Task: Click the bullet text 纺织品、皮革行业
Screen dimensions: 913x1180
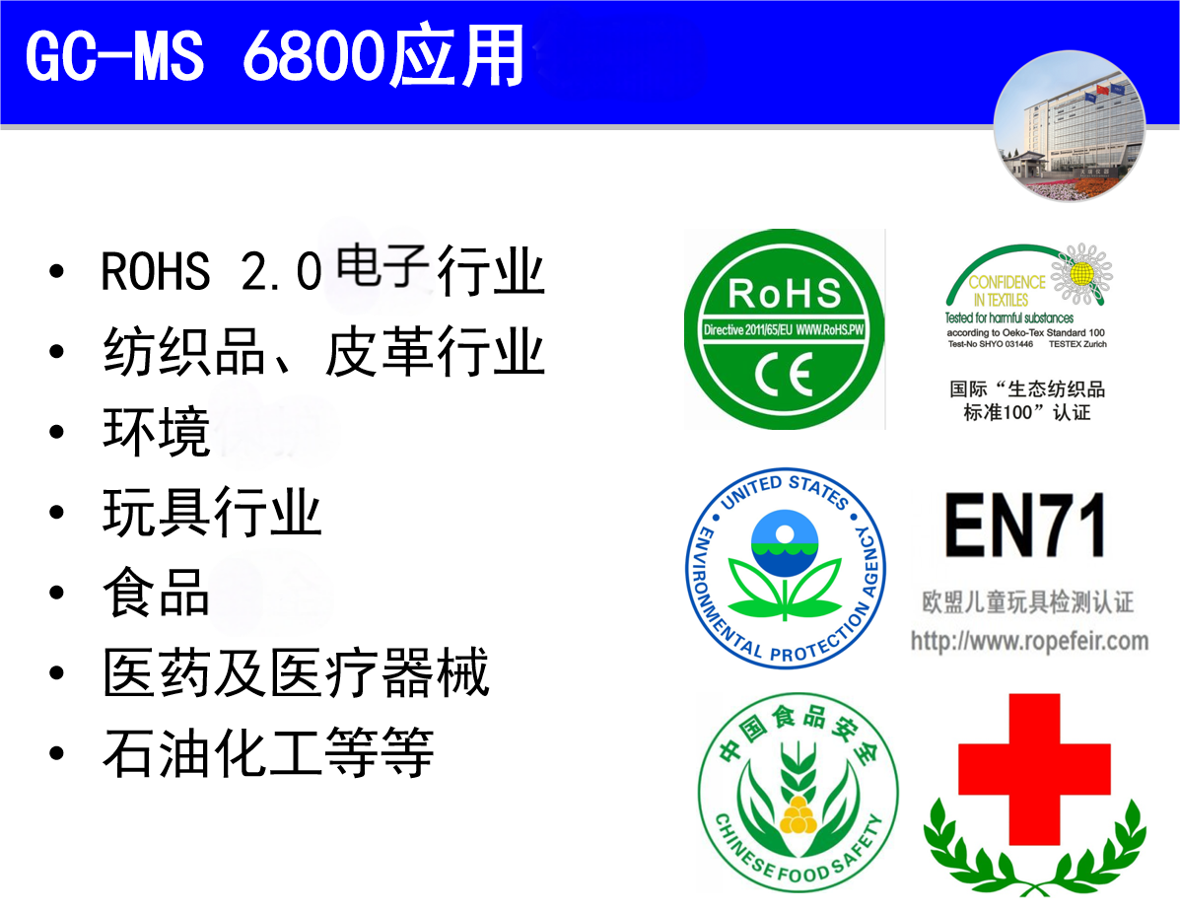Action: [x=323, y=353]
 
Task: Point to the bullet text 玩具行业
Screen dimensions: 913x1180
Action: [x=212, y=513]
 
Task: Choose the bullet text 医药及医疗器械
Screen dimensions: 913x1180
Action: [x=296, y=673]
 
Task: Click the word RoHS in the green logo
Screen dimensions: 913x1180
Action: [x=785, y=293]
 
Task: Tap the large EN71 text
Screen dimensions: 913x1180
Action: [x=1025, y=526]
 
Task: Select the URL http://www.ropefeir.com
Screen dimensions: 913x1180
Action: [x=1029, y=641]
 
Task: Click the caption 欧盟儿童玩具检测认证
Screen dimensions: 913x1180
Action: [x=1027, y=600]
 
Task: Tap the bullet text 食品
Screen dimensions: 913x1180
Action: [x=157, y=593]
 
